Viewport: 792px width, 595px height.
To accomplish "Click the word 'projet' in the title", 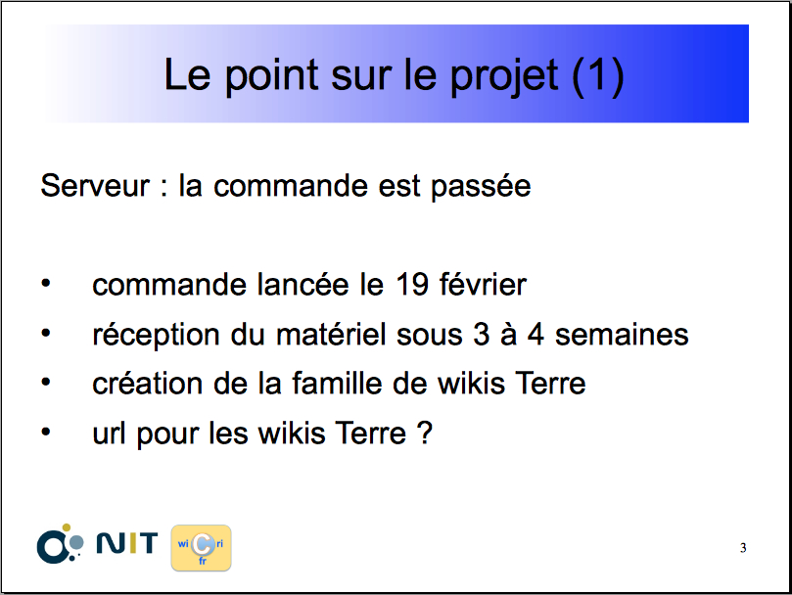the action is [x=504, y=76].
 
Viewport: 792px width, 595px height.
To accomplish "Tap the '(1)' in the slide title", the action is [x=598, y=76].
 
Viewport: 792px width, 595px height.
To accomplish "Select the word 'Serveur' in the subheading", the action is [x=95, y=185].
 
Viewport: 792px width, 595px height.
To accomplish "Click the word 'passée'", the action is [x=481, y=187].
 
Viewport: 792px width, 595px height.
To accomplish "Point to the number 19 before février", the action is [x=412, y=285].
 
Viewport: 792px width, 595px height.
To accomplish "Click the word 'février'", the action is [x=483, y=284].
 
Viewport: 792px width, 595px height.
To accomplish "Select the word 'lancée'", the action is [x=303, y=285].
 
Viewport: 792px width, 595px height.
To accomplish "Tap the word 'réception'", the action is [x=156, y=336].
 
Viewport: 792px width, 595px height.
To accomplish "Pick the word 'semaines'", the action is [x=622, y=335].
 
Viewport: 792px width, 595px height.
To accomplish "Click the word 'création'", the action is [x=148, y=384].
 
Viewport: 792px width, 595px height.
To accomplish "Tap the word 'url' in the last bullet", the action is [x=109, y=433].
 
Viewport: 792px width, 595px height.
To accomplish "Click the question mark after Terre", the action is [x=425, y=433].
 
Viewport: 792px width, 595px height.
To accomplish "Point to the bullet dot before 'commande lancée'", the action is [x=46, y=284].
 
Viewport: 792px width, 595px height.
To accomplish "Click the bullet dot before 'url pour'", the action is [x=46, y=432].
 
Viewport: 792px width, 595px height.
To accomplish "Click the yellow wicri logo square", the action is [x=201, y=548].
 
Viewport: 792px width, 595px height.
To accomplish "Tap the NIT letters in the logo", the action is [x=127, y=543].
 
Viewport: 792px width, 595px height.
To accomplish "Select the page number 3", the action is [x=743, y=548].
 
